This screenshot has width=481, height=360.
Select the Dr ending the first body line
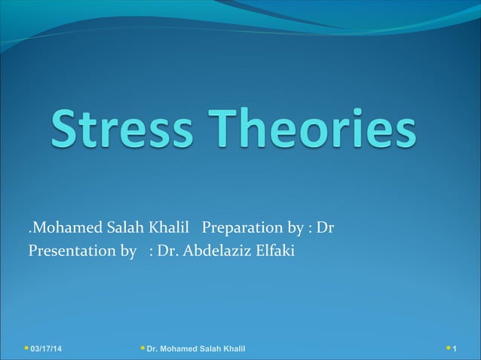click(x=325, y=227)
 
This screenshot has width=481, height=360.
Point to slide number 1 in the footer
click(x=455, y=349)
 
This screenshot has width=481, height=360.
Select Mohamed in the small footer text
click(x=180, y=349)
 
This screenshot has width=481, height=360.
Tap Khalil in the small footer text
click(x=232, y=349)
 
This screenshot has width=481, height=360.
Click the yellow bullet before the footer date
click(x=26, y=349)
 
